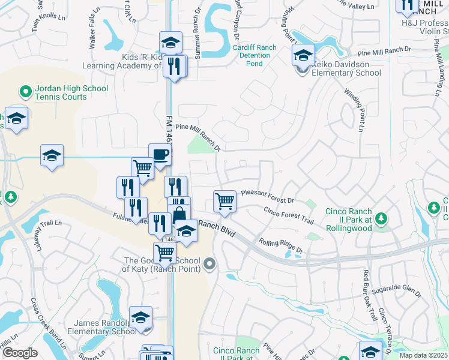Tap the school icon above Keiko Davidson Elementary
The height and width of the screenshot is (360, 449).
pyautogui.click(x=303, y=56)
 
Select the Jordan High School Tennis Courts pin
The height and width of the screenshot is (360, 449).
pyautogui.click(x=25, y=92)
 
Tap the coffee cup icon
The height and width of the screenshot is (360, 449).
pyautogui.click(x=160, y=155)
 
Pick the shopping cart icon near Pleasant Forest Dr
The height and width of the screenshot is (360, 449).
pyautogui.click(x=224, y=201)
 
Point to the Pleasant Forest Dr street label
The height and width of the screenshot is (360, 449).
pyautogui.click(x=268, y=196)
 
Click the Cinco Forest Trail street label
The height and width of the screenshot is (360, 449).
pyautogui.click(x=289, y=215)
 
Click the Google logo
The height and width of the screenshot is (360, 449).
pyautogui.click(x=20, y=353)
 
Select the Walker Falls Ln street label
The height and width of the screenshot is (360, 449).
pyautogui.click(x=92, y=30)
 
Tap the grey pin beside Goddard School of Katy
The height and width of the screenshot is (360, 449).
pyautogui.click(x=209, y=263)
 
